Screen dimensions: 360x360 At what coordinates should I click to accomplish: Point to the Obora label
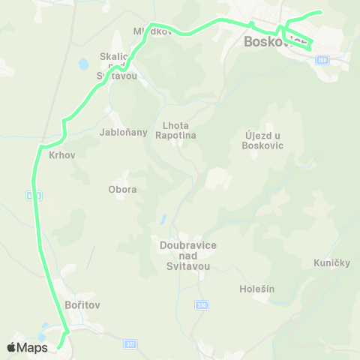(x=122, y=189)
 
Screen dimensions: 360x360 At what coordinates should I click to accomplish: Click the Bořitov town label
(x=82, y=305)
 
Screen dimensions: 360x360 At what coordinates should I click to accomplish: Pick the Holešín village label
(x=256, y=288)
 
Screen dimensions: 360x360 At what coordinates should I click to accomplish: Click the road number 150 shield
(x=322, y=58)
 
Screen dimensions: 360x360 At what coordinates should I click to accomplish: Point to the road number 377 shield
(x=130, y=343)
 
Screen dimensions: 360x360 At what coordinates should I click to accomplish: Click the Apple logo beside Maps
(x=12, y=347)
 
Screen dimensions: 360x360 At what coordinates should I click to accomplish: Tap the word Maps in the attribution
(x=32, y=347)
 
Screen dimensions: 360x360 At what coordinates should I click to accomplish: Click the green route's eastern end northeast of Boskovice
(x=320, y=12)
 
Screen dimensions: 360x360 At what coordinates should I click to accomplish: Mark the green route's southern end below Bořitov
(x=58, y=346)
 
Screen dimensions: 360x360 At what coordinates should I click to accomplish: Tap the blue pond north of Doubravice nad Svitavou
(x=162, y=220)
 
